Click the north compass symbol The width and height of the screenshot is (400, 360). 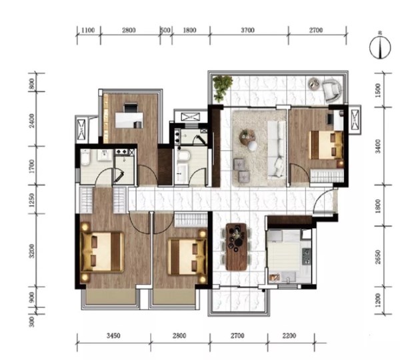380,48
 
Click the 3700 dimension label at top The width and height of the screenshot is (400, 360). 248,30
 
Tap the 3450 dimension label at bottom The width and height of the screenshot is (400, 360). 113,335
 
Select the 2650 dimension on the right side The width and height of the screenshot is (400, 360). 378,257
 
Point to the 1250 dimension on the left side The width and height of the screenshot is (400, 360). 31,200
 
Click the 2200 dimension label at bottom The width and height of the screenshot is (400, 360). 289,335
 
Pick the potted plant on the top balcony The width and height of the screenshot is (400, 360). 223,88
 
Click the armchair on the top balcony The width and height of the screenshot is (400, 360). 331,89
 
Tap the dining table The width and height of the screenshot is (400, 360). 237,247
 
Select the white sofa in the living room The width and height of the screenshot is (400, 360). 277,149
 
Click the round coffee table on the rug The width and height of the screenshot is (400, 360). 247,137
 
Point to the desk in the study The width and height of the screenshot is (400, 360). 129,120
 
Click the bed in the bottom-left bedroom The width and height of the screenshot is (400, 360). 102,252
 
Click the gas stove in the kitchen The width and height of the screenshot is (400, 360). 307,256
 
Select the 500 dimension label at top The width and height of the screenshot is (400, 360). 165,30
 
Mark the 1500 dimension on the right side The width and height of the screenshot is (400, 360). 378,90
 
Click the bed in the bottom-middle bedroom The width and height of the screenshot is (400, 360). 187,257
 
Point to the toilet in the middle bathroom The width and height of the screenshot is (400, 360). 183,156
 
